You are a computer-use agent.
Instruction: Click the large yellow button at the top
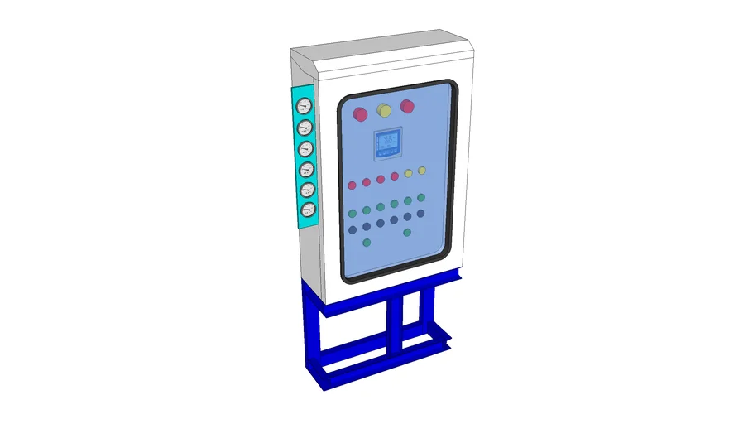[x=384, y=110]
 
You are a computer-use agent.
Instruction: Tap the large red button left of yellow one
[x=360, y=114]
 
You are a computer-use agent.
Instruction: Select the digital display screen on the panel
[x=387, y=143]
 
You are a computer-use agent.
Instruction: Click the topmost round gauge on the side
[x=304, y=106]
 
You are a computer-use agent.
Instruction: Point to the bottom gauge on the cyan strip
[x=308, y=210]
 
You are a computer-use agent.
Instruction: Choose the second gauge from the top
[x=305, y=128]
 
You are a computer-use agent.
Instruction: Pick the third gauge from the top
[x=306, y=148]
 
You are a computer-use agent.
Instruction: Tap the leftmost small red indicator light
[x=353, y=184]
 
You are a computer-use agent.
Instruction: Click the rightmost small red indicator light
[x=395, y=176]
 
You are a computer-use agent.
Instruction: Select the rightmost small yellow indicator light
[x=422, y=171]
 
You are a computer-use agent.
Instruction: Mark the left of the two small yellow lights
[x=409, y=173]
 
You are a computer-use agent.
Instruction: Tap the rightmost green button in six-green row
[x=421, y=198]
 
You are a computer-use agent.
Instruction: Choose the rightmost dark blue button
[x=421, y=214]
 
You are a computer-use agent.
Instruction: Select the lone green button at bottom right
[x=407, y=232]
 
